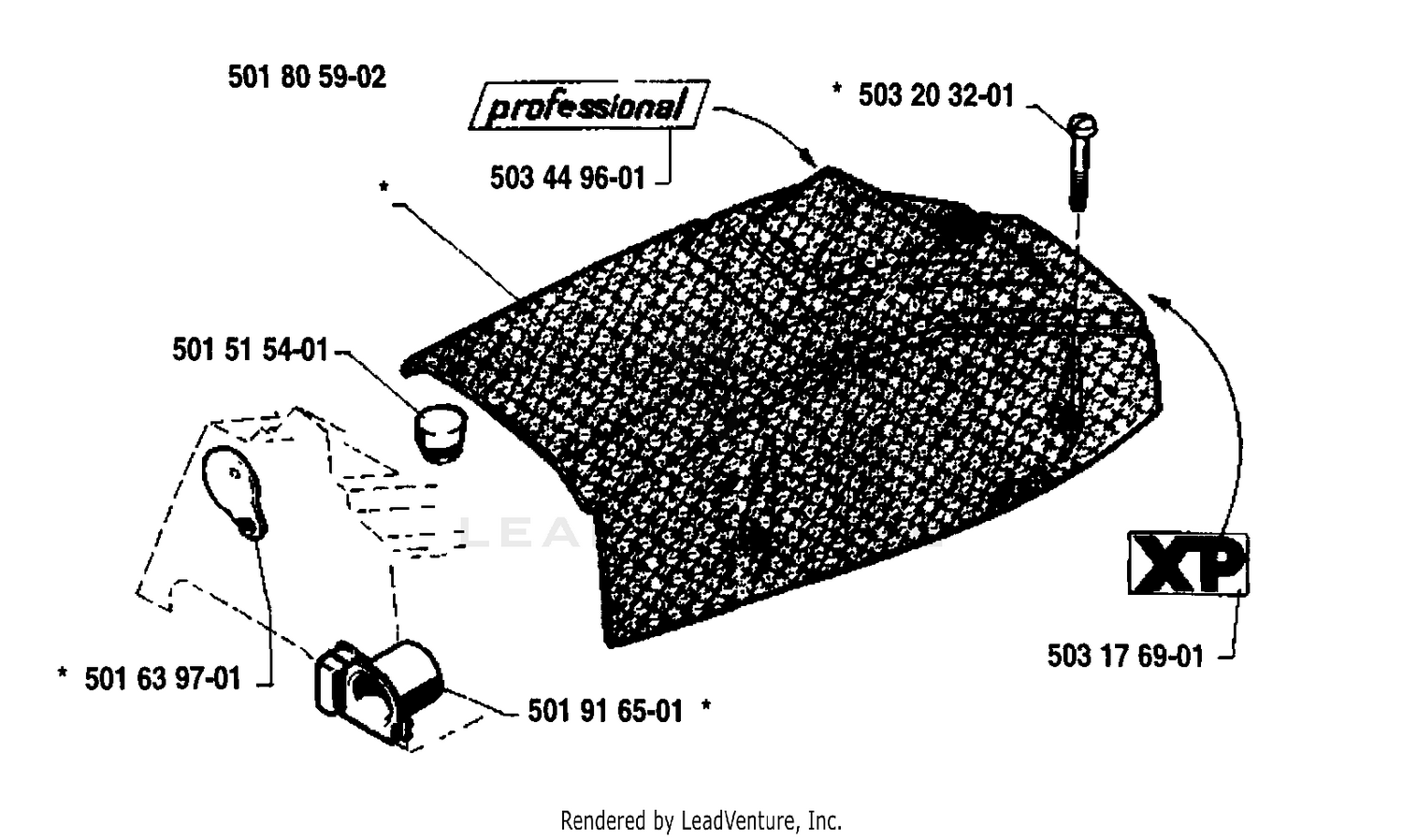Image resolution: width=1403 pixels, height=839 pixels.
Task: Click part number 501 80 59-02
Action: pyautogui.click(x=307, y=78)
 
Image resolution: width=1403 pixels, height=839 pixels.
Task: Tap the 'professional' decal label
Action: pyautogui.click(x=588, y=105)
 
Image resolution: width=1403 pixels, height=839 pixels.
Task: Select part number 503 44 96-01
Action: pyautogui.click(x=568, y=178)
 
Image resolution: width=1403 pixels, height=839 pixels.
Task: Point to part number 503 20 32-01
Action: pyautogui.click(x=935, y=95)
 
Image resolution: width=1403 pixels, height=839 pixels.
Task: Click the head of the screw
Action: pyautogui.click(x=1081, y=125)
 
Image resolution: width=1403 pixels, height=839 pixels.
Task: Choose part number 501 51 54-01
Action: pyautogui.click(x=251, y=350)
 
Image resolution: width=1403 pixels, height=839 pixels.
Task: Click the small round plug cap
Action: pyautogui.click(x=441, y=433)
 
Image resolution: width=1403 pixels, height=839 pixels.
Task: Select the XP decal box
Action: pyautogui.click(x=1188, y=563)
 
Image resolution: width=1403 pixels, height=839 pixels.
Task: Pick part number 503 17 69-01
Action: pyautogui.click(x=1125, y=657)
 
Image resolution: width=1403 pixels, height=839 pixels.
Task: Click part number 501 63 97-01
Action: pyautogui.click(x=163, y=679)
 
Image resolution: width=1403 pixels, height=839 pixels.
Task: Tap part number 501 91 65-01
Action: pyautogui.click(x=605, y=711)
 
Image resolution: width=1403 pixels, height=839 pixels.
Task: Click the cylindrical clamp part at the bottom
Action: pyautogui.click(x=378, y=692)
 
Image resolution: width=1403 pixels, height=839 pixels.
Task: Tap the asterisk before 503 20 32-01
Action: pyautogui.click(x=837, y=88)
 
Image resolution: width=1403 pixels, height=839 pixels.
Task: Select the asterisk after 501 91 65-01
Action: pyautogui.click(x=706, y=705)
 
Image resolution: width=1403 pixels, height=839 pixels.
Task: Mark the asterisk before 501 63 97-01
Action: pyautogui.click(x=62, y=673)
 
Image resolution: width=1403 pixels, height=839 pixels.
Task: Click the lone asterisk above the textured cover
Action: pyautogui.click(x=383, y=186)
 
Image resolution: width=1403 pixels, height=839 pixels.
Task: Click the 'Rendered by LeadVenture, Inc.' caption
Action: pyautogui.click(x=701, y=819)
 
